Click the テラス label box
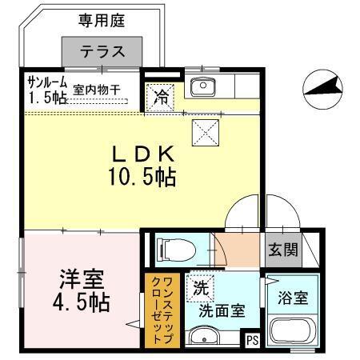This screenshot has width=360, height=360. tap(104, 52)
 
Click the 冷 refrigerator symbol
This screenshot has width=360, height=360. tap(161, 99)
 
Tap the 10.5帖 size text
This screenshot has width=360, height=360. tap(142, 177)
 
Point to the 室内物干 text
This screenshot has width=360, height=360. tap(97, 91)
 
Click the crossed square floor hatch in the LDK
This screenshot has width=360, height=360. tap(204, 129)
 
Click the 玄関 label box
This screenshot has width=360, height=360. tap(282, 249)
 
